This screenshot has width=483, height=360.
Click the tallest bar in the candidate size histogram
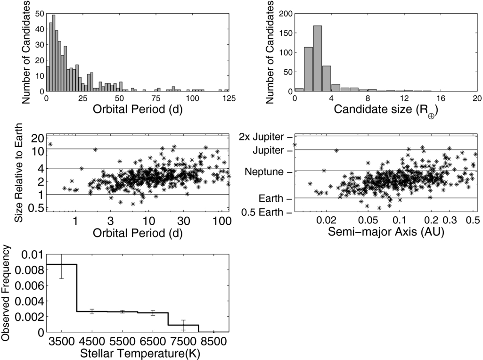[x=318, y=58]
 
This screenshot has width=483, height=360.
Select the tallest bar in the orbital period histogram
[x=54, y=53]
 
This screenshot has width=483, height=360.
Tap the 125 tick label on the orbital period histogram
[x=229, y=98]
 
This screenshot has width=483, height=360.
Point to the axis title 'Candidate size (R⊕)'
[x=386, y=110]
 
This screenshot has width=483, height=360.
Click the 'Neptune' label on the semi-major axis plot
[x=264, y=172]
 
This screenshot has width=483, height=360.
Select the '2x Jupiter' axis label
[x=262, y=137]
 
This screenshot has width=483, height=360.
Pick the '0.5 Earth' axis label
[x=262, y=212]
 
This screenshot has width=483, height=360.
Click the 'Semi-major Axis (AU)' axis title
[x=386, y=231]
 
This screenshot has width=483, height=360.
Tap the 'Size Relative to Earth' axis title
[x=19, y=172]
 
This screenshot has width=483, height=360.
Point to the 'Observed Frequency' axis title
[x=6, y=293]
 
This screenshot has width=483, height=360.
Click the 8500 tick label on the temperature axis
[x=214, y=341]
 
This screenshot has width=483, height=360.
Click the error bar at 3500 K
[x=62, y=266]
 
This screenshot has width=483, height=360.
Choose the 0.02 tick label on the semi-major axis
[x=326, y=220]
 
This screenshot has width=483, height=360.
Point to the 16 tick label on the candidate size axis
[x=441, y=98]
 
